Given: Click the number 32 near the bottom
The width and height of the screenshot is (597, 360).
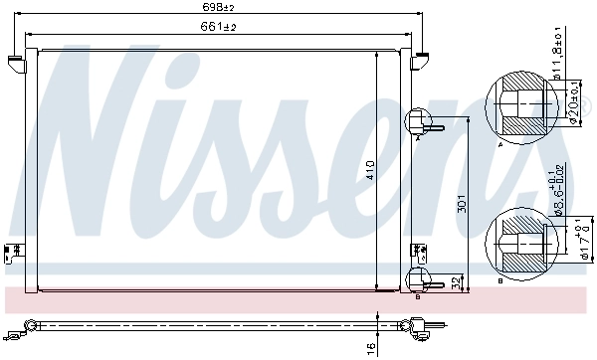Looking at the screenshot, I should point(457,283).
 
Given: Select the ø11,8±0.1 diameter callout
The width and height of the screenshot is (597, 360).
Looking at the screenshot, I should point(558,56).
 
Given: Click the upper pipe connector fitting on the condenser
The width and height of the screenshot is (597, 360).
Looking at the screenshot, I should point(422,124).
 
